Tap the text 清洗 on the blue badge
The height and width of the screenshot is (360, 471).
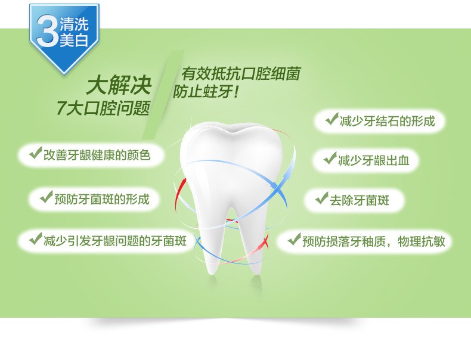74,24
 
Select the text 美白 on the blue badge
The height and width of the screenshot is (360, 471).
74,41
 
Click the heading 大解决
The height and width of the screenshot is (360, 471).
119,86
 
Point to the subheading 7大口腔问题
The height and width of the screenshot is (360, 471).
103,108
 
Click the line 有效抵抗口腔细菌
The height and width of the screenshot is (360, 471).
240,74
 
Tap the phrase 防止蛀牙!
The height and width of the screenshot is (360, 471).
206,91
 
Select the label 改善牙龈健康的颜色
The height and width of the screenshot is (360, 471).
97,155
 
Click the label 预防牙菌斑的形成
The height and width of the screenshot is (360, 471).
101,199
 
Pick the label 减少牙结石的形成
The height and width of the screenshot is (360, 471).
387,121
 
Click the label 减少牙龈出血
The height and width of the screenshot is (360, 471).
374,160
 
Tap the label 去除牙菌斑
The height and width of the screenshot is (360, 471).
360,200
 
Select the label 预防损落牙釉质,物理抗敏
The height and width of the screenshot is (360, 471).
374,241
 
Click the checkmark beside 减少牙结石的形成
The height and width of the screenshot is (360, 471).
331,119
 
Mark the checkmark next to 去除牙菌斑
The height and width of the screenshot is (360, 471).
322,198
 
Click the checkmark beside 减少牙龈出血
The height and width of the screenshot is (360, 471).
330,158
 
